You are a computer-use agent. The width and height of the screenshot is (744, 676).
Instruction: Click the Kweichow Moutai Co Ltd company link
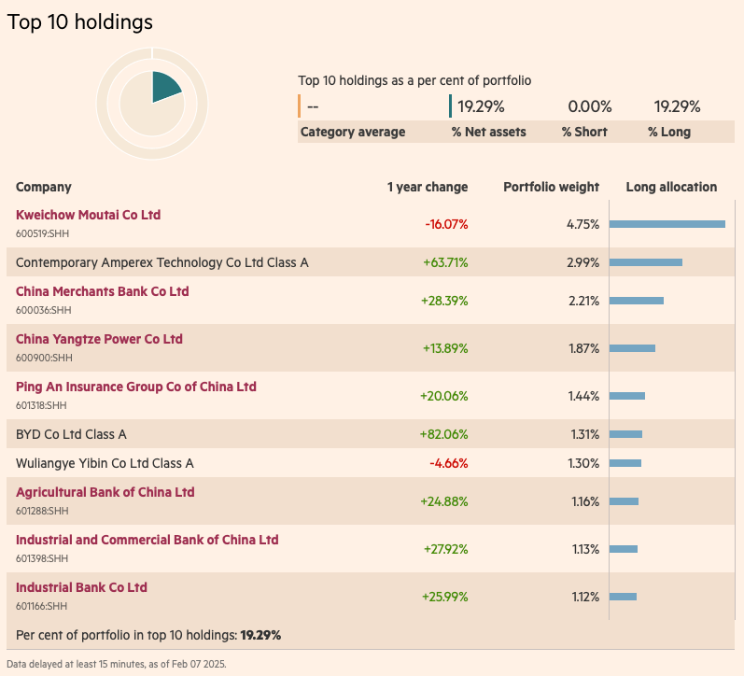pos(88,215)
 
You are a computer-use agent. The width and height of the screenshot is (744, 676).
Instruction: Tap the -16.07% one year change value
pos(446,224)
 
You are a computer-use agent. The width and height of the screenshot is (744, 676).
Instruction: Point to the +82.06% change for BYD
pos(444,434)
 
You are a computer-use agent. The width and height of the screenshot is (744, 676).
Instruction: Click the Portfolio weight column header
pos(551,187)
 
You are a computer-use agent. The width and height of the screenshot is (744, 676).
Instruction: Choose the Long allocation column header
pos(671,187)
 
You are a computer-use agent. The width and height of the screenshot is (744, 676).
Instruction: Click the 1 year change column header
pos(428,187)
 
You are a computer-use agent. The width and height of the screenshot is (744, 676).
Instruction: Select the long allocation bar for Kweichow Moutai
pos(667,224)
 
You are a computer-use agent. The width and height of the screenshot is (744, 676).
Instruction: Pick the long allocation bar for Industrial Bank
pos(623,597)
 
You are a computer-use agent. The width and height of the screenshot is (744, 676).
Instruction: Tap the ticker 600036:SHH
pos(44,310)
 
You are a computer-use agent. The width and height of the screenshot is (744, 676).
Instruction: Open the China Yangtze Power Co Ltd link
pos(99,339)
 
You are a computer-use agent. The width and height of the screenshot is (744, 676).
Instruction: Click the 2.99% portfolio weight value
pos(583,262)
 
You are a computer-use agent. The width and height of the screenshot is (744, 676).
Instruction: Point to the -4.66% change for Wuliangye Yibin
pos(448,463)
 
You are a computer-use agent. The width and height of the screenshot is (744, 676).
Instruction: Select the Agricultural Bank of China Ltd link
pos(105,492)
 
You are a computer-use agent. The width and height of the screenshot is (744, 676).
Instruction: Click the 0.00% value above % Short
pos(589,106)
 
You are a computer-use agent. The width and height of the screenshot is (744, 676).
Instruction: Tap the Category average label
pos(353,132)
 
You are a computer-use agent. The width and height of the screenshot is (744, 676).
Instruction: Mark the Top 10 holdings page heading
pos(80,21)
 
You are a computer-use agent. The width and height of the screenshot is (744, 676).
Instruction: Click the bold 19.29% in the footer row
pos(260,635)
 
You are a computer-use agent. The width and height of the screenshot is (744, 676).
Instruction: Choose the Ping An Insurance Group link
pos(135,387)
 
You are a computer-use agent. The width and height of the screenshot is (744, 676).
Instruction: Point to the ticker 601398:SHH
pos(44,558)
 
